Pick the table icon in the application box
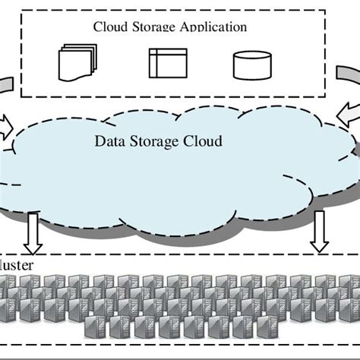pyautogui.click(x=167, y=63)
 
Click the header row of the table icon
pyautogui.click(x=167, y=52)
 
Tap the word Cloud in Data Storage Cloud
pyautogui.click(x=201, y=141)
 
